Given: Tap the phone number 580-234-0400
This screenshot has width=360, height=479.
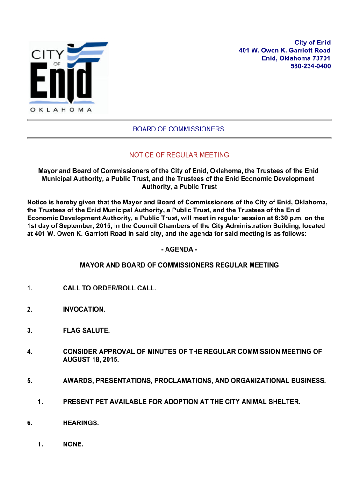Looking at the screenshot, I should point(310,66).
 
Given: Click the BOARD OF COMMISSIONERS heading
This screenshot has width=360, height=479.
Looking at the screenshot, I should point(179,129).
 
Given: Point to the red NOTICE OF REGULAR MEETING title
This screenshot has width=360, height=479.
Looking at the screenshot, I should point(179,155).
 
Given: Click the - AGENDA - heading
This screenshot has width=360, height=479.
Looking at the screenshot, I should point(179,250).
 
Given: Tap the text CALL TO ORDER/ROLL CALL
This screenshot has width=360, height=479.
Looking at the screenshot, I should point(109,288).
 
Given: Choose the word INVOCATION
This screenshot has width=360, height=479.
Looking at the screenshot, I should point(84,310).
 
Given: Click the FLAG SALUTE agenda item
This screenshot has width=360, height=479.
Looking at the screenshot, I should point(86,331).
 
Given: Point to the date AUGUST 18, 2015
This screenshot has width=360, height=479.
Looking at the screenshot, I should point(91,360).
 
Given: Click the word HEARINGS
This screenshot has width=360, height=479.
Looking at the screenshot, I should point(81,423).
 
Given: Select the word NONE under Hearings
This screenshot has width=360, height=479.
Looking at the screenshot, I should point(73,444).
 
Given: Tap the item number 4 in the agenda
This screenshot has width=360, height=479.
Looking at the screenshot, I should point(29,352).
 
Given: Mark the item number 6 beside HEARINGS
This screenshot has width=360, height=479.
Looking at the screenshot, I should point(29,423).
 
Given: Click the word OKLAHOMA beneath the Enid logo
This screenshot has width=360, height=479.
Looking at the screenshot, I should point(61,110).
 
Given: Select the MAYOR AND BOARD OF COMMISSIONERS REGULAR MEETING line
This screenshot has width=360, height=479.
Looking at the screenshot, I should point(179,265).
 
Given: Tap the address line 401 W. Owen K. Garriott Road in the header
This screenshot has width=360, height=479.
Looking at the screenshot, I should point(284,51).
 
